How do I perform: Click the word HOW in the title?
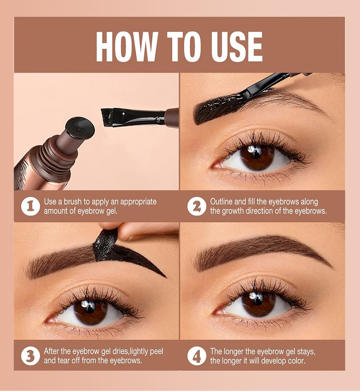(127, 47)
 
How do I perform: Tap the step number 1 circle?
(31, 207)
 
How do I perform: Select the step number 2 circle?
(197, 207)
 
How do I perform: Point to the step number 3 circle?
(31, 356)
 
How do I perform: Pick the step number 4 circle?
(197, 356)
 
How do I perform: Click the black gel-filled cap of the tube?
(80, 128)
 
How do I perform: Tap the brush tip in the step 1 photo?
(107, 117)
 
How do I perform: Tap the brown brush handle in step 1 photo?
(172, 118)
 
